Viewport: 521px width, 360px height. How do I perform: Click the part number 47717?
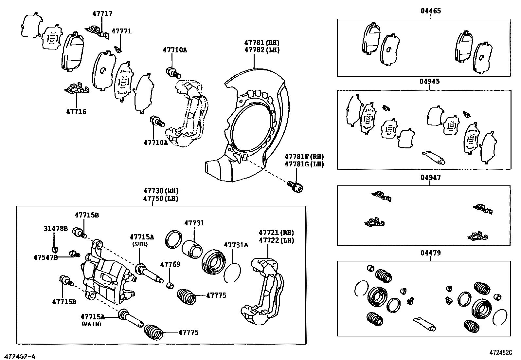[102, 13]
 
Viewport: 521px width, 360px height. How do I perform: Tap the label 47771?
[121, 31]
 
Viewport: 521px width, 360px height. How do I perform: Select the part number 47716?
[76, 112]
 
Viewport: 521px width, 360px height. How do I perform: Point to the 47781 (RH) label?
[262, 43]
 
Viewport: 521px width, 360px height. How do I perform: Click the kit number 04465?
[430, 11]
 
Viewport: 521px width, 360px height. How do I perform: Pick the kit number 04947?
[430, 178]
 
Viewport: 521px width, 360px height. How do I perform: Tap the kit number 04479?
[430, 253]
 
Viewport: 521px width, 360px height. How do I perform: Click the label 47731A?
[236, 245]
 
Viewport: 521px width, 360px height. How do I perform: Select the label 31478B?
[56, 228]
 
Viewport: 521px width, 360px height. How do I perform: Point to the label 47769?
[170, 264]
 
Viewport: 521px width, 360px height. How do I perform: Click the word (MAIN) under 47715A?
[91, 324]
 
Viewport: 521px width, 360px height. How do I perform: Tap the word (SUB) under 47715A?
[140, 244]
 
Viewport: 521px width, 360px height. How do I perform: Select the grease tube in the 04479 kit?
[424, 324]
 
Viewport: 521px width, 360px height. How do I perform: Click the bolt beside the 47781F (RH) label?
[296, 186]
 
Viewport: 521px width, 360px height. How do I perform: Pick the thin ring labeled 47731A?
[232, 273]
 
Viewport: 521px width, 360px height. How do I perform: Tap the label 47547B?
[45, 257]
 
